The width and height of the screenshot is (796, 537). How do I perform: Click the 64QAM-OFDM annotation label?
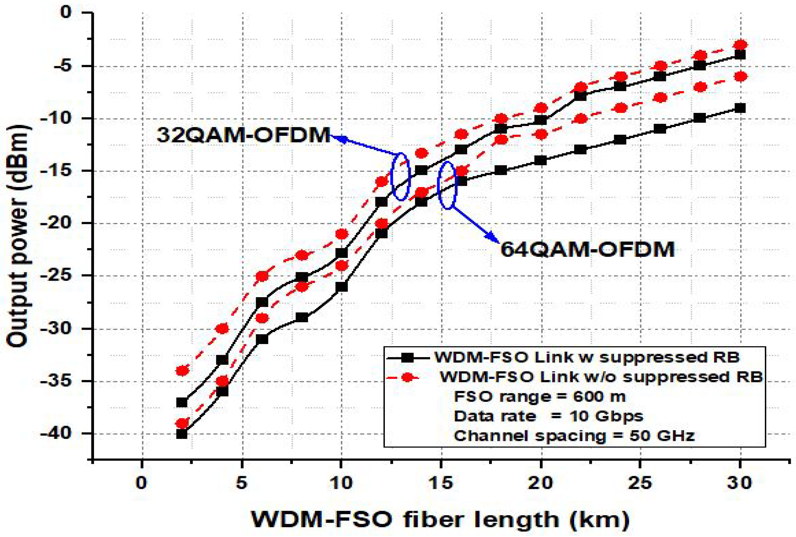(587, 249)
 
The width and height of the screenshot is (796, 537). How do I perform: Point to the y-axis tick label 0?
(67, 13)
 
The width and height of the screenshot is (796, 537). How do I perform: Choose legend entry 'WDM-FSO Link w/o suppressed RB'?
(601, 377)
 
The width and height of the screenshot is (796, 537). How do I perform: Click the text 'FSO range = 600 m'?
(539, 397)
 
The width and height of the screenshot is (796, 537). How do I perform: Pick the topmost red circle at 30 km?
(741, 45)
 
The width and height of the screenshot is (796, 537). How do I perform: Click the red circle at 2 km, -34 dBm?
(182, 370)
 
